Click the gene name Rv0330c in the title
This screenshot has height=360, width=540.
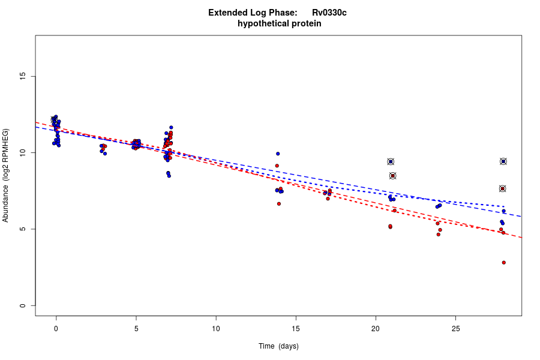click(329, 13)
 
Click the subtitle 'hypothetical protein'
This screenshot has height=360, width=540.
click(279, 24)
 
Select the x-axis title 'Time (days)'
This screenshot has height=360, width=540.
click(278, 346)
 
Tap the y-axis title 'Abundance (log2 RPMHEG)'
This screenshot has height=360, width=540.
click(6, 175)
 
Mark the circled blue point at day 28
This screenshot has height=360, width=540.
click(503, 161)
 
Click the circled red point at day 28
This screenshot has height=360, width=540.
click(502, 188)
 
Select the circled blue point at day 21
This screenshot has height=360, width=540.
click(391, 162)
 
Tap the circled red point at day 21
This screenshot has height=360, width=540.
click(392, 176)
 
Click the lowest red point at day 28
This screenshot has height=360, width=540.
click(504, 263)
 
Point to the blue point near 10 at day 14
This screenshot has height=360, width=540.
click(278, 154)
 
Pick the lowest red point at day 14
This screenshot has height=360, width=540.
click(279, 204)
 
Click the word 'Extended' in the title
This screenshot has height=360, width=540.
click(227, 13)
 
